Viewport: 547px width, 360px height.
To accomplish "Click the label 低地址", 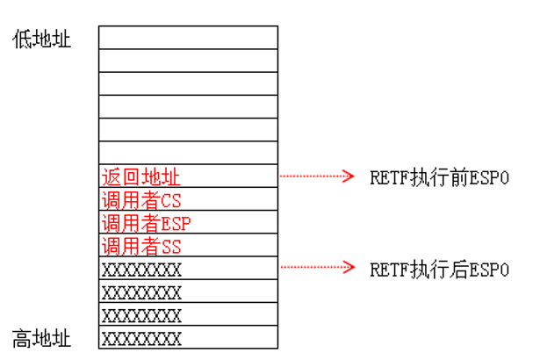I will tap(41, 39).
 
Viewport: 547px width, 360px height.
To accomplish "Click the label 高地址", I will tap(41, 338).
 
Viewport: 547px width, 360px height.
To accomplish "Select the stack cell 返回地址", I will tap(188, 176).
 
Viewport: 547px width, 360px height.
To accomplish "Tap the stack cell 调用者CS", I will tap(188, 199).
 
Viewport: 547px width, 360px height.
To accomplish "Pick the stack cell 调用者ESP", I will tap(188, 222).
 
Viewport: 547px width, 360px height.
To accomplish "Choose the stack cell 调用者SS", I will tap(188, 245).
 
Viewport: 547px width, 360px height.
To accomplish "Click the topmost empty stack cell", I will tap(188, 38).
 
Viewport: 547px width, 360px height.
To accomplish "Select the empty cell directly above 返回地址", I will tap(188, 152).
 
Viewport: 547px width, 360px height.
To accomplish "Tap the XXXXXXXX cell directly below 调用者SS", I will tap(188, 268).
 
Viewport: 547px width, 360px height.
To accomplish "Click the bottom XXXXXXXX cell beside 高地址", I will tap(188, 337).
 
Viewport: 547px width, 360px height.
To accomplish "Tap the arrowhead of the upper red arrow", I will tap(349, 176).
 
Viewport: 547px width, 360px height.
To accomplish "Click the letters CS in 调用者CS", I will tap(171, 200).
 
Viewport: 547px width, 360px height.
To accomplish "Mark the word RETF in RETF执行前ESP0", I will tap(387, 176).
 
